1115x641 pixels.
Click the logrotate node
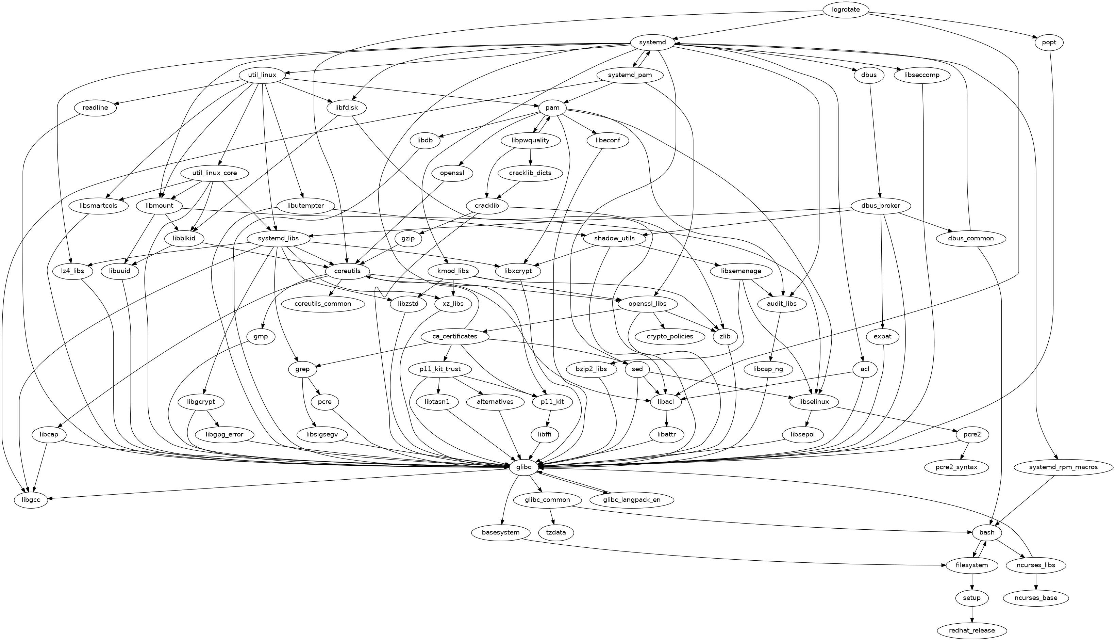tap(845, 10)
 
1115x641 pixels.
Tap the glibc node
tap(523, 467)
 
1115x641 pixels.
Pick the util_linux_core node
tap(214, 173)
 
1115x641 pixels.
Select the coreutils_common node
tap(323, 304)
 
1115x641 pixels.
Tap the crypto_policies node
tap(670, 336)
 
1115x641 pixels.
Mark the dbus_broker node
tap(881, 206)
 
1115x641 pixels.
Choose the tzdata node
tap(556, 533)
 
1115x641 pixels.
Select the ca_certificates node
tap(455, 336)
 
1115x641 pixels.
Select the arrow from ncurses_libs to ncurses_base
tap(1036, 582)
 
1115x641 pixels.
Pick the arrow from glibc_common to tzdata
tap(552, 516)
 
